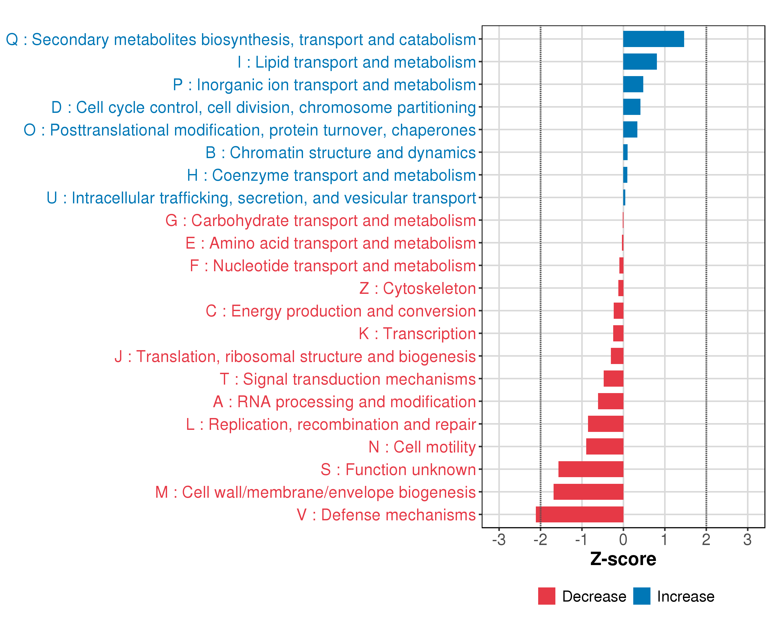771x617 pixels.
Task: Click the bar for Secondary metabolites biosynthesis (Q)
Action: [653, 39]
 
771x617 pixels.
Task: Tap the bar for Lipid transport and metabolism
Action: [640, 61]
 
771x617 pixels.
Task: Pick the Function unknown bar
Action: [591, 469]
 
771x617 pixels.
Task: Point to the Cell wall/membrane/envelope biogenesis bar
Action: [588, 492]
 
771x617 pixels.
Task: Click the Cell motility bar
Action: [605, 446]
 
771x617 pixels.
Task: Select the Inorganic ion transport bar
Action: [633, 84]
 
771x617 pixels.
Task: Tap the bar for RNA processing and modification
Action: [610, 401]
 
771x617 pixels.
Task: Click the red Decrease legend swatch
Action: [546, 596]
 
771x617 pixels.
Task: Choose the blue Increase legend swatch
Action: [641, 596]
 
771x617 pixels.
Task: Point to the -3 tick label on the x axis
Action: [499, 539]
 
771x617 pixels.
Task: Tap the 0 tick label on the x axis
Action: [623, 539]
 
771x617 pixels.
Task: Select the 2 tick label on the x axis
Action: [706, 539]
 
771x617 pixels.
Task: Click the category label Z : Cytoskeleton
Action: [417, 288]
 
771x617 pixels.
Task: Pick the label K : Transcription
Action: [417, 333]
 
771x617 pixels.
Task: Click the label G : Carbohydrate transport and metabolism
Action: [320, 220]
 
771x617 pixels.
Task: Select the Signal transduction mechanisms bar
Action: [613, 378]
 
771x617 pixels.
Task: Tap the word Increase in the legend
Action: [685, 596]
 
